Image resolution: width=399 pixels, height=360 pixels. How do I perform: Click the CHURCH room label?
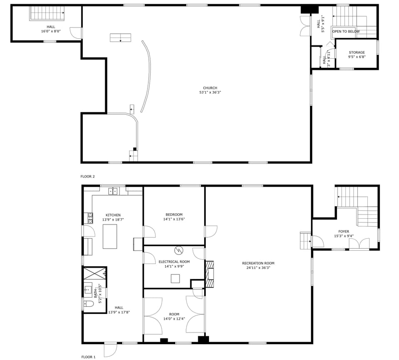pos(210,88)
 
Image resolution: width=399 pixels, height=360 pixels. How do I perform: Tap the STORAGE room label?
pos(357,52)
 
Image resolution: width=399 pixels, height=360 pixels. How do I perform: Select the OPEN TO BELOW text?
pos(346,32)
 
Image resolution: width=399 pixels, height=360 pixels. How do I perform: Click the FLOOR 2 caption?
pos(88,177)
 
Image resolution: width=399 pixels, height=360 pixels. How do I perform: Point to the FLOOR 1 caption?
pos(88,357)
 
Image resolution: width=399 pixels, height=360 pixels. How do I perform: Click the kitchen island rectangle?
pos(110,236)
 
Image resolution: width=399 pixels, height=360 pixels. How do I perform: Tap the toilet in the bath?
pos(88,304)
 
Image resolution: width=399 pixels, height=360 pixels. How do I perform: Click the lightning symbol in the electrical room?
pos(179,250)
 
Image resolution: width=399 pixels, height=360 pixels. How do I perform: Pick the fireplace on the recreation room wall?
pos(210,274)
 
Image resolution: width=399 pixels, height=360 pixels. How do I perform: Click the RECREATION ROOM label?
pos(258,263)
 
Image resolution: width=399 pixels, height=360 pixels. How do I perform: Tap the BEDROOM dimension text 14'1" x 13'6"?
pos(174,219)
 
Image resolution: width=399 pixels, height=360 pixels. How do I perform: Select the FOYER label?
pos(344,232)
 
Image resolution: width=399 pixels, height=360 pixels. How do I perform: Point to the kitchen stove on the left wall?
pos(90,217)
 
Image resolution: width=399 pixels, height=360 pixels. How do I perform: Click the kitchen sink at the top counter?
pos(113,191)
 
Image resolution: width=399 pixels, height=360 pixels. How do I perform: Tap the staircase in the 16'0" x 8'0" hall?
pos(47,13)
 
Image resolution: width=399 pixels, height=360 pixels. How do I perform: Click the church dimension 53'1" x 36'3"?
pos(210,92)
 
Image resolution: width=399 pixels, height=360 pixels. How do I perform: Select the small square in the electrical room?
pos(175,279)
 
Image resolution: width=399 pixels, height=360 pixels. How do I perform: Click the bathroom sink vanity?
pos(88,289)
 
